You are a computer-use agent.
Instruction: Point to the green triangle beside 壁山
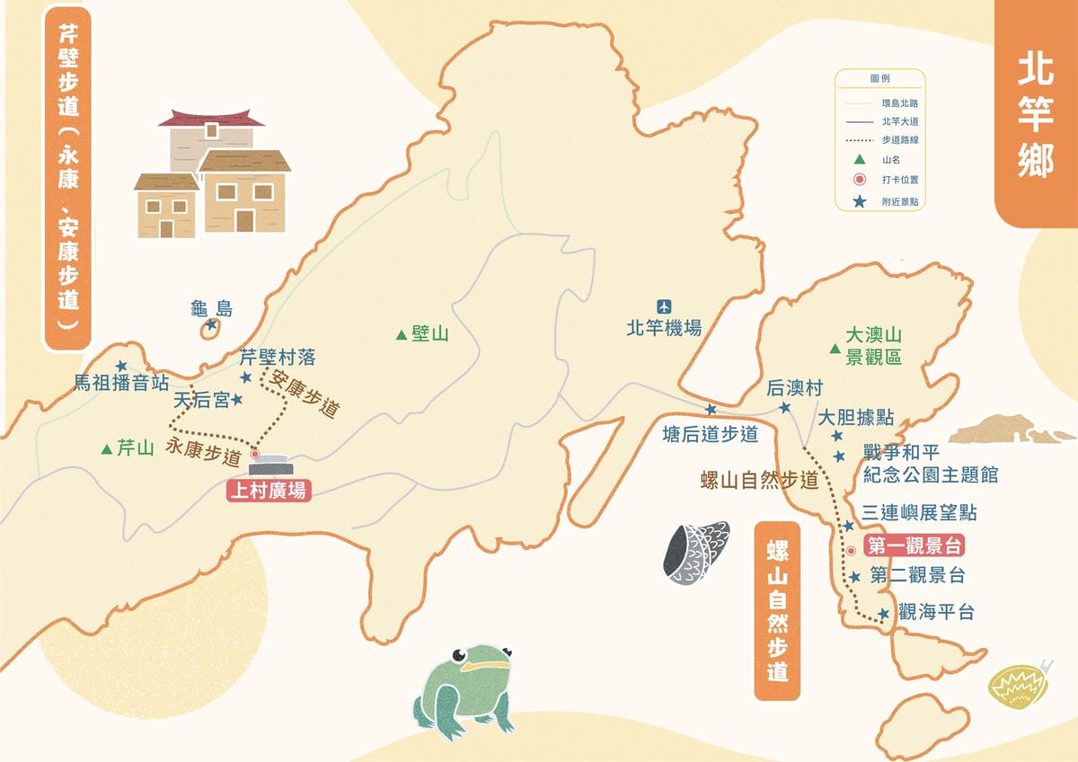[401, 335]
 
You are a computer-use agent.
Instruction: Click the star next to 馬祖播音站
[121, 367]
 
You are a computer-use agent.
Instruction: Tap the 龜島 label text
[212, 309]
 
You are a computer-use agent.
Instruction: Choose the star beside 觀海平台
[884, 614]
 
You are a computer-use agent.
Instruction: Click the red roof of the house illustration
[212, 118]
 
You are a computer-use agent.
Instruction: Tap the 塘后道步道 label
[710, 434]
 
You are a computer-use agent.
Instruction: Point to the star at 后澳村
[784, 407]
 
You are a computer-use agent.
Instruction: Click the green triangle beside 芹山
[107, 448]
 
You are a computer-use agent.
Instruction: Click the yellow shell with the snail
[1016, 686]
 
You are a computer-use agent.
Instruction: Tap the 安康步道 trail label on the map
[305, 395]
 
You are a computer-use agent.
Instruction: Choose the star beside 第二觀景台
[855, 577]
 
